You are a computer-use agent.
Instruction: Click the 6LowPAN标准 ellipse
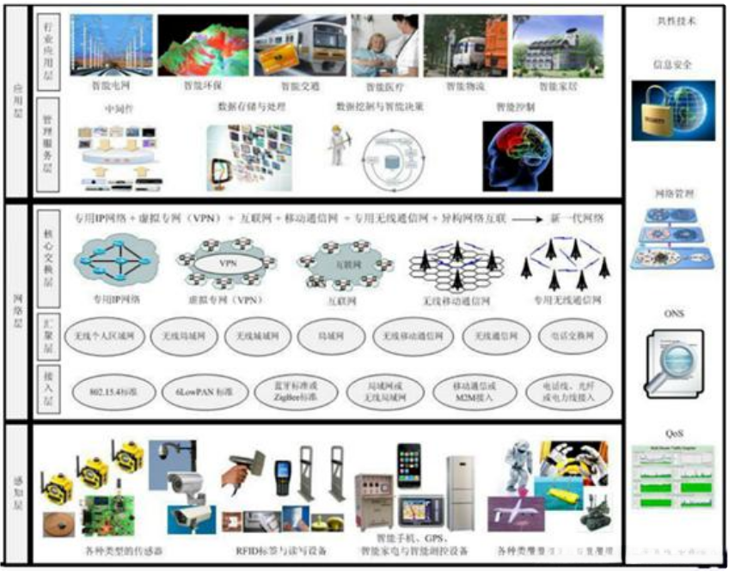tap(189, 391)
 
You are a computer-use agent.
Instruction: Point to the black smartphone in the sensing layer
tap(408, 467)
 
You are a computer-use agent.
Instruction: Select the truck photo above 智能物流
tap(464, 46)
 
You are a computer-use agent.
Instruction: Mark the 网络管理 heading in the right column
tap(673, 195)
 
